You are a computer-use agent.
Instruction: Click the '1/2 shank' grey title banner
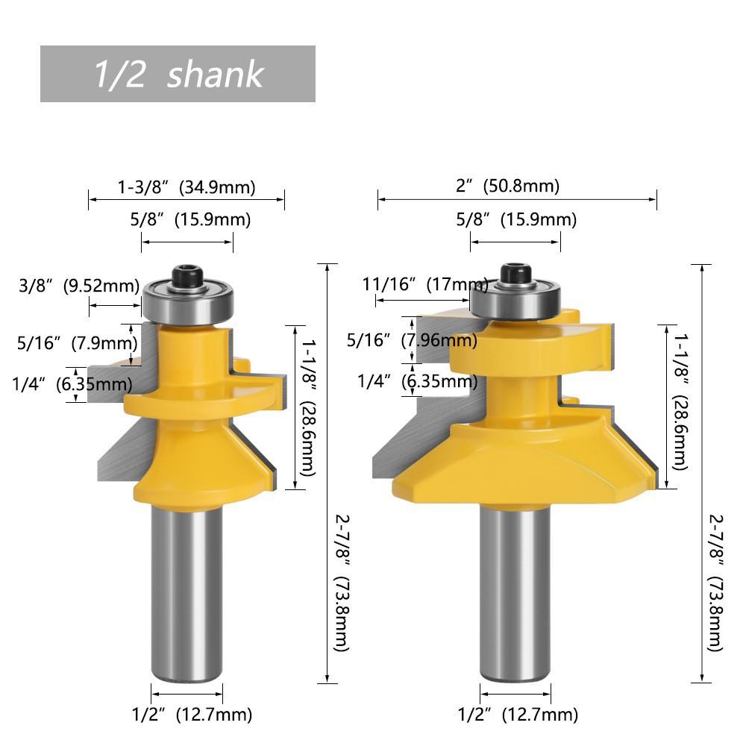(178, 74)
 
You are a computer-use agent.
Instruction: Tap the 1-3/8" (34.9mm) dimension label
(186, 187)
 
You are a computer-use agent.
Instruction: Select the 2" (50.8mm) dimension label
(507, 186)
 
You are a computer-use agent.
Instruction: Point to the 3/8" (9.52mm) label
(79, 286)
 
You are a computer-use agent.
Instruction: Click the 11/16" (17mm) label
(425, 284)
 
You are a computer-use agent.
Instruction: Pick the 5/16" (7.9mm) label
(77, 342)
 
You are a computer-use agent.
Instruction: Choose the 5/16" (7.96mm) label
(412, 340)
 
